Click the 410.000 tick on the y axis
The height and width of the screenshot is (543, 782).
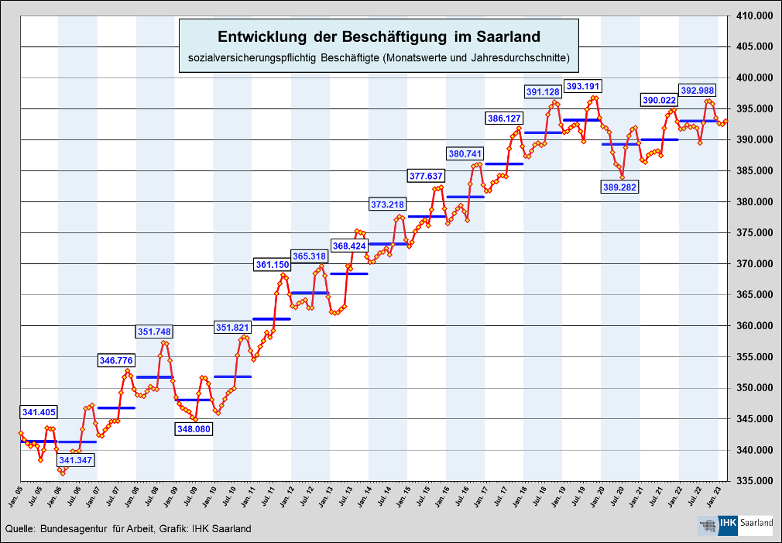click(x=756, y=16)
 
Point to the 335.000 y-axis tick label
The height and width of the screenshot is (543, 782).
click(x=756, y=481)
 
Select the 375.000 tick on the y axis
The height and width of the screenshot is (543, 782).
click(x=756, y=233)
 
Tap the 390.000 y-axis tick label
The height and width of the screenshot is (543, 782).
click(x=756, y=140)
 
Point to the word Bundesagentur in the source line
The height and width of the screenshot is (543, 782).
click(x=74, y=528)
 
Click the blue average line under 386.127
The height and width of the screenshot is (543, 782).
click(x=504, y=163)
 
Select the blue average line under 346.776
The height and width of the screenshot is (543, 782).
click(x=117, y=407)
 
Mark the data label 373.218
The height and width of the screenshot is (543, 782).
click(x=387, y=204)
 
